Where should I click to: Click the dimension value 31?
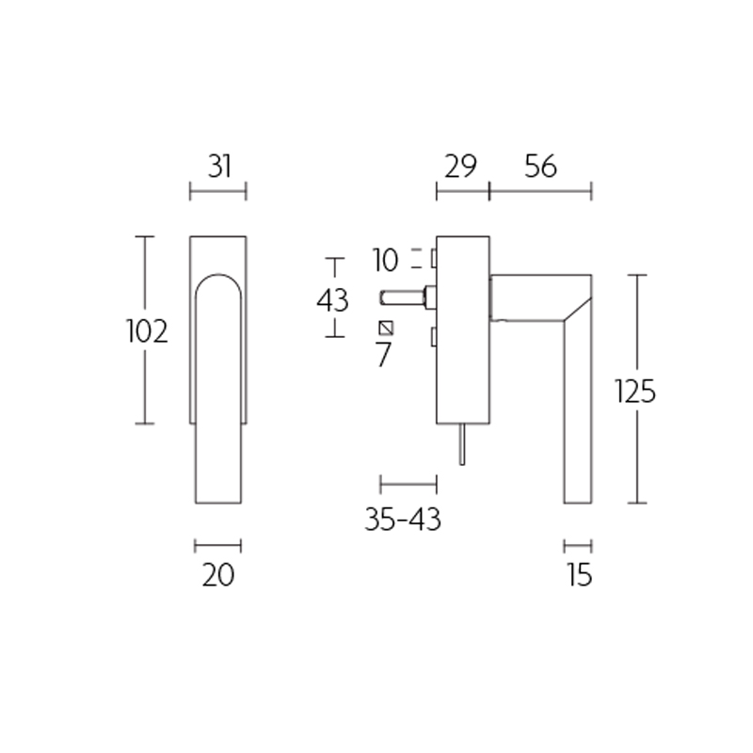218,167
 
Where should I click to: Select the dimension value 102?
147,331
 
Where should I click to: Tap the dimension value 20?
217,573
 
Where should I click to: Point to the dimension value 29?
461,167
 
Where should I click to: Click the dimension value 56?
541,167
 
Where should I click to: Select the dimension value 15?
580,574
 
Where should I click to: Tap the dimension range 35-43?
403,519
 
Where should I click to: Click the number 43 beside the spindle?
332,300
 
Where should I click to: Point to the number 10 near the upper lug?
385,258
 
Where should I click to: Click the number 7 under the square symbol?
383,356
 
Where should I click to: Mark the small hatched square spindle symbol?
384,328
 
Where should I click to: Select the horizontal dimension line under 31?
217,193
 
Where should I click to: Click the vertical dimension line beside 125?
638,389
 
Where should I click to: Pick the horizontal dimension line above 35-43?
408,485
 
